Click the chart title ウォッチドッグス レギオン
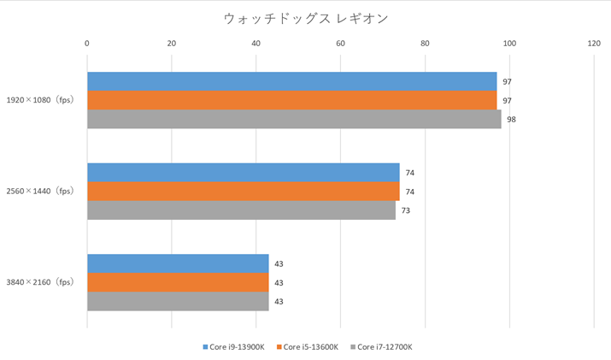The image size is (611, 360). pos(304,17)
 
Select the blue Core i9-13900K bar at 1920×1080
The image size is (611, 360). pos(291,81)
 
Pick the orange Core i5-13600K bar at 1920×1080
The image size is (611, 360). pos(291,100)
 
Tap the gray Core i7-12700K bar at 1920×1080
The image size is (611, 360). pos(294,119)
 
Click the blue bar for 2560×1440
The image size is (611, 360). pos(243,172)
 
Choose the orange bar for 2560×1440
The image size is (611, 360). pos(243,191)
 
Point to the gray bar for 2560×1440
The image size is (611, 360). pos(241,210)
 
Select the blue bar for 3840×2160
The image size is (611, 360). pos(178,263)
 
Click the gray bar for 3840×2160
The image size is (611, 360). pos(178,301)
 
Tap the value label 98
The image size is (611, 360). pos(511,120)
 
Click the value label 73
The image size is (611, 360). pos(406,210)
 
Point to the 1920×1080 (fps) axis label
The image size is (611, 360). pos(40,100)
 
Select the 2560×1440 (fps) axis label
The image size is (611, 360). pos(40,191)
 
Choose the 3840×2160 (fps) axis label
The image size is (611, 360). pos(40,282)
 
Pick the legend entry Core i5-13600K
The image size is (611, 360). pos(310,346)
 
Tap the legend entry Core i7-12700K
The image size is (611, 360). pos(384,346)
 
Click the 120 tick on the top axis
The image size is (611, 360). pos(594,44)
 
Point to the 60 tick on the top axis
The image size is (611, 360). pos(340,44)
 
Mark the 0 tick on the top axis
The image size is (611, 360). pos(87,44)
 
